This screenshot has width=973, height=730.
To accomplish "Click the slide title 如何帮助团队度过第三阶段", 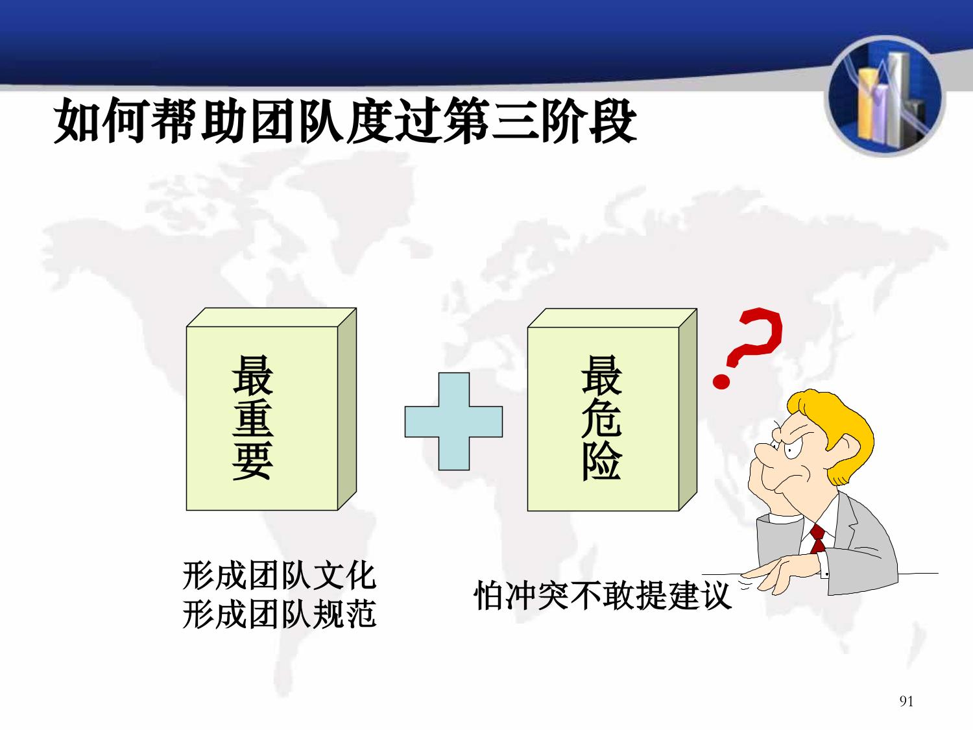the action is point(345,121).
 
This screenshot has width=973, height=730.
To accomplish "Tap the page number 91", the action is point(906,701).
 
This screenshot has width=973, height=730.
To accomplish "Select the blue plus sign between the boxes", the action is point(453,421).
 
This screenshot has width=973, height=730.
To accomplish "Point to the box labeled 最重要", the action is point(271,409).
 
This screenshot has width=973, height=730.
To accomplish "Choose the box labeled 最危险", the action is point(612,409).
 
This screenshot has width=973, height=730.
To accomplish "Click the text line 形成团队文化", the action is point(280,576).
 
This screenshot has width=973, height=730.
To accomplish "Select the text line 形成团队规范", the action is point(280,614).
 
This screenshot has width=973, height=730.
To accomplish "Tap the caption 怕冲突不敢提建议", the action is point(603,595).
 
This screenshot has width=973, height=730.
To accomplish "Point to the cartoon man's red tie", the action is point(818,538).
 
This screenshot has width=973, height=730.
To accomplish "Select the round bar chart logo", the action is point(885,96).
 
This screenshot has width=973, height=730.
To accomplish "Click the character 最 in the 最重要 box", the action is point(253,375).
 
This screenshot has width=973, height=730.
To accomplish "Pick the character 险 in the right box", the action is point(601,460).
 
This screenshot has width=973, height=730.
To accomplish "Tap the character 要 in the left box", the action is point(253,460).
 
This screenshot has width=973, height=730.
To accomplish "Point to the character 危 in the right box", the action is point(601,418).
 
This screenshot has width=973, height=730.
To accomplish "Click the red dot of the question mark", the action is point(721,381).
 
